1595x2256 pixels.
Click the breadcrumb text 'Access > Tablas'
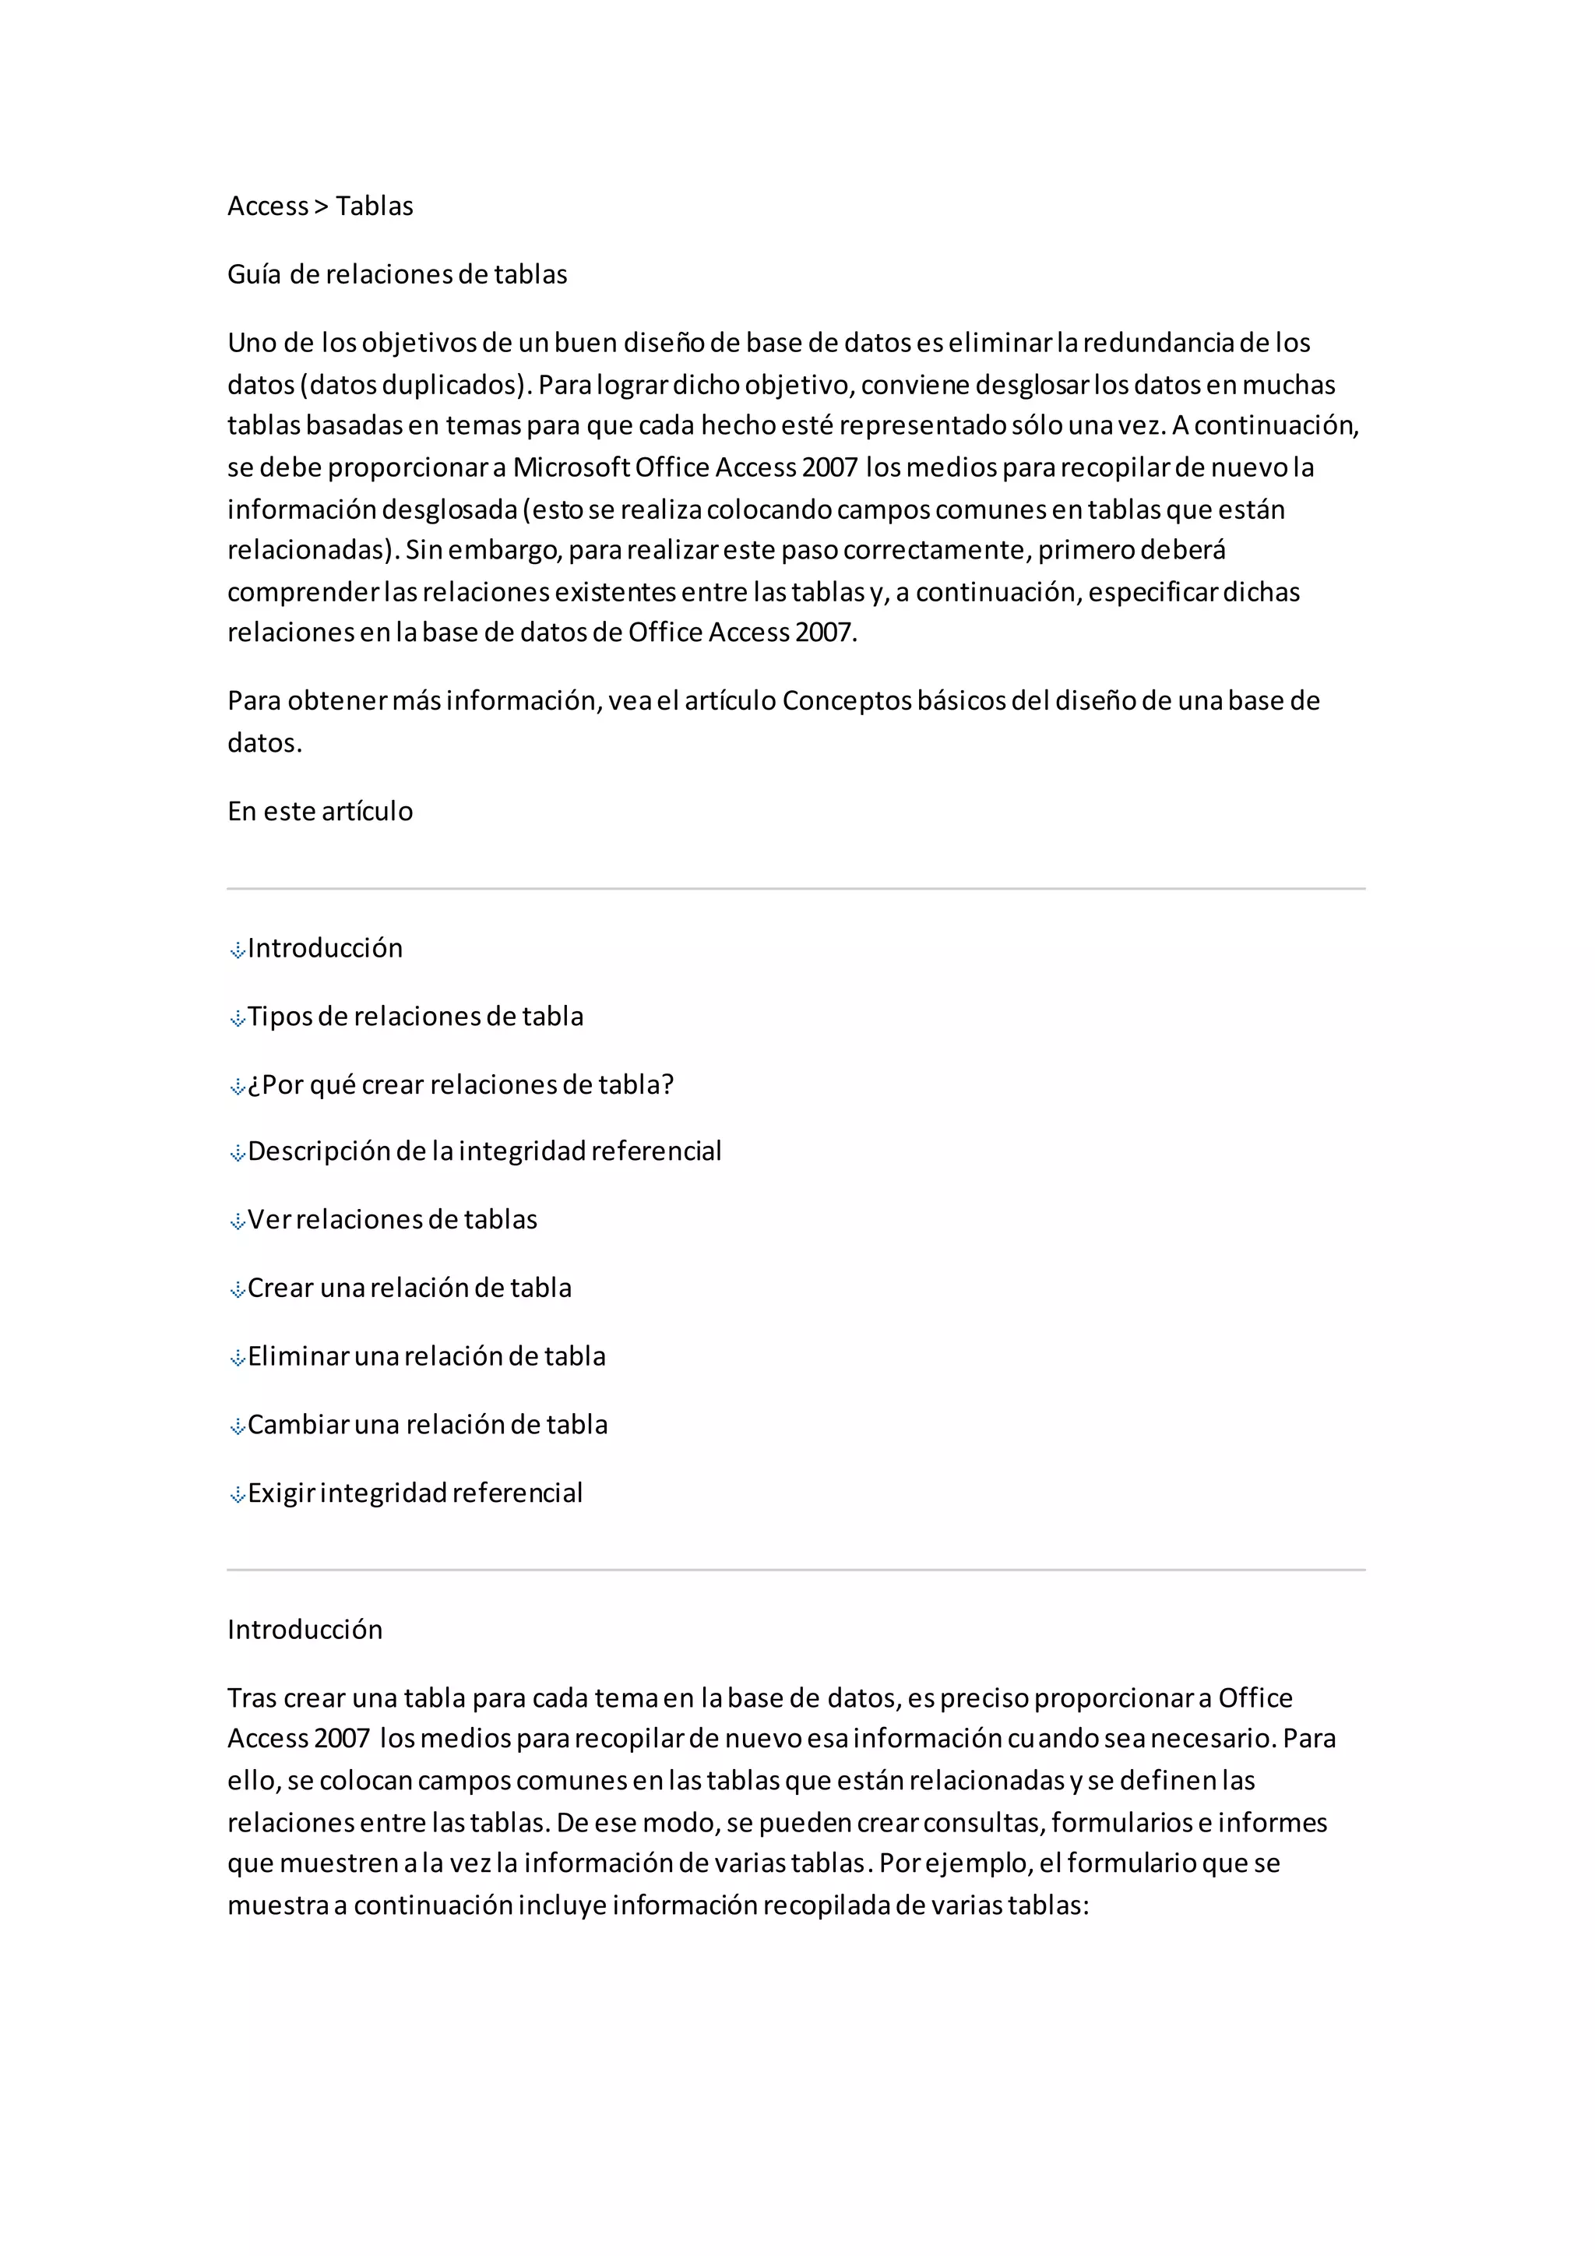pyautogui.click(x=320, y=206)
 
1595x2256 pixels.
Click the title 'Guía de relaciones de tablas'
pyautogui.click(x=396, y=274)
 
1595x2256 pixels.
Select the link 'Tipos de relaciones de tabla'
pyautogui.click(x=414, y=1016)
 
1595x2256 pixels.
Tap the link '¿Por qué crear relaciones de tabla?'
pyautogui.click(x=460, y=1085)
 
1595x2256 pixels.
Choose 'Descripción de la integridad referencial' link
pyautogui.click(x=484, y=1151)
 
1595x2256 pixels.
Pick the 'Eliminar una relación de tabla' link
pyautogui.click(x=426, y=1356)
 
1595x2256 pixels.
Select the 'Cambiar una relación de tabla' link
pyautogui.click(x=428, y=1425)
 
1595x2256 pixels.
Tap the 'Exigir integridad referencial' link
pyautogui.click(x=414, y=1493)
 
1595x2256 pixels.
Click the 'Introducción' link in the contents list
pyautogui.click(x=325, y=948)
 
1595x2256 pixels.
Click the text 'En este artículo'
pyautogui.click(x=320, y=812)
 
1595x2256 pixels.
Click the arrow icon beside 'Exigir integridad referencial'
pyautogui.click(x=237, y=1496)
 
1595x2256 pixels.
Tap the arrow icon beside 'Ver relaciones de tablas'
pyautogui.click(x=237, y=1222)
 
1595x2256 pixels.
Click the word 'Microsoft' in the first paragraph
pyautogui.click(x=571, y=467)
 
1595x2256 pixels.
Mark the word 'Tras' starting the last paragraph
pyautogui.click(x=252, y=1698)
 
